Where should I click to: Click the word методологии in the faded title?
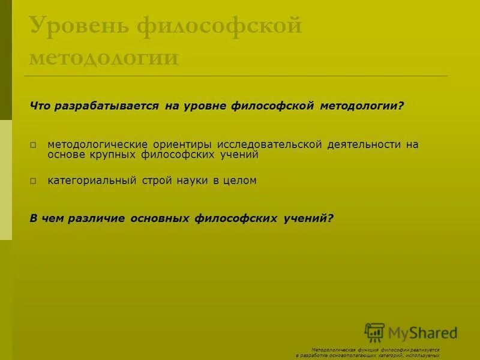tap(104, 59)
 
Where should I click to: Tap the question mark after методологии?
tap(401, 106)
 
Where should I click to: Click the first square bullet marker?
tap(34, 145)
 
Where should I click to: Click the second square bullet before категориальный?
tap(34, 181)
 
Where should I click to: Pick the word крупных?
tap(114, 155)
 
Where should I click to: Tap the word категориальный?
tap(92, 181)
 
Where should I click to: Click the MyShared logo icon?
tap(374, 332)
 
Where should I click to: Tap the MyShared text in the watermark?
tap(423, 333)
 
